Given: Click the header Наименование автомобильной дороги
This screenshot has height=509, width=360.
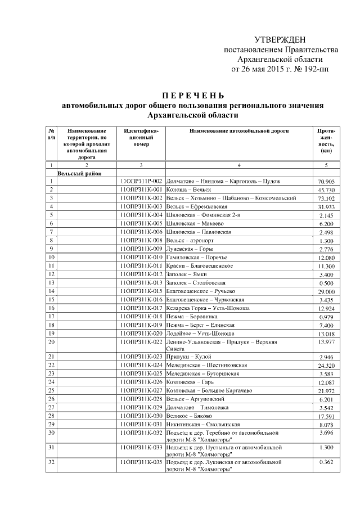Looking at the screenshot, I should (239, 131).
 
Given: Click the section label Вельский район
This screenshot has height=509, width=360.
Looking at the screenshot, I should (75, 174).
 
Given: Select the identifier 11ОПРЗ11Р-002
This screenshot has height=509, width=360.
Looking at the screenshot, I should (141, 182).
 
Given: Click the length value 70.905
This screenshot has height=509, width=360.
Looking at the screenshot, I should (326, 182).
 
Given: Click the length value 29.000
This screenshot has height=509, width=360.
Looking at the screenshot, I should (326, 292).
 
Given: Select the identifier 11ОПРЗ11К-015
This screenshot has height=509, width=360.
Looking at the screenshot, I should (141, 291).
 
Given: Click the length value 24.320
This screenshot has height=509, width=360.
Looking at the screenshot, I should (326, 366).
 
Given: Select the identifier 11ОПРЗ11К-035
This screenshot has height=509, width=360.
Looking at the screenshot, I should (141, 461).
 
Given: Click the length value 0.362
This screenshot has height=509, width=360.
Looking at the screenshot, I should (326, 461).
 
